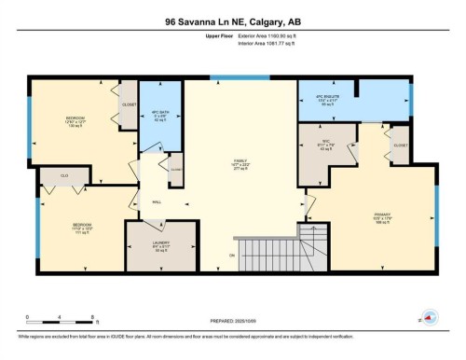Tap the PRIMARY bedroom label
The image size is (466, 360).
click(381, 216)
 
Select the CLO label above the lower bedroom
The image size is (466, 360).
click(65, 175)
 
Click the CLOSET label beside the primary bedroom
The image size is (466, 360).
click(400, 146)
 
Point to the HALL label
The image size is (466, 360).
click(158, 200)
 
